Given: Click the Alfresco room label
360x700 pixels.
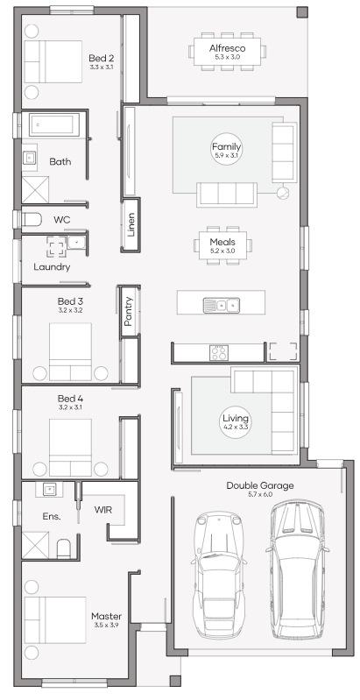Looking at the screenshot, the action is tap(227, 48).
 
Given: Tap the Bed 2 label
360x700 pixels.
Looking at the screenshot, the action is tap(102, 58).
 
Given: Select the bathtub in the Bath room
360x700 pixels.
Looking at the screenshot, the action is tap(54, 124).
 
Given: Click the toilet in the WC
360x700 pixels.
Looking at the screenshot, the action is tap(32, 220).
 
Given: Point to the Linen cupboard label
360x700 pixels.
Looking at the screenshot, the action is tap(131, 224).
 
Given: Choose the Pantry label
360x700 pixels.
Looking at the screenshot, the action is tap(129, 311).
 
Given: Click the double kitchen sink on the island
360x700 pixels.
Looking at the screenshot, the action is tap(222, 306).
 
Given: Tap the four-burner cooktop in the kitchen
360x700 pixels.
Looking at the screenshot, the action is tap(219, 353).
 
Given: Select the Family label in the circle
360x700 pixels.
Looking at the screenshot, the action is tap(226, 146).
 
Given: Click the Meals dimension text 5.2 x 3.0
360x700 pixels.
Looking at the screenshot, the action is tap(222, 251).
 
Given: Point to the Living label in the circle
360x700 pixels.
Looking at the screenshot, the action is tap(236, 418).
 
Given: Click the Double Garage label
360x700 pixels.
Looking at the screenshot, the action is tap(260, 485).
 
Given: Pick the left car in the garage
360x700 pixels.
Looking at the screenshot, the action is tap(219, 574).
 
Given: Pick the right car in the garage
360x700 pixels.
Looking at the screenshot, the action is tap(297, 569).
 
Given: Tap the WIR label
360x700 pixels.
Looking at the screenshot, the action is tap(103, 509).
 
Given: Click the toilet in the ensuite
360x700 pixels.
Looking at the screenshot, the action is tap(64, 548).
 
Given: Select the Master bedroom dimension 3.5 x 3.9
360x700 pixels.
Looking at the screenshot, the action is tap(106, 625).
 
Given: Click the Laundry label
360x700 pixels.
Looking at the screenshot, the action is tap(52, 267).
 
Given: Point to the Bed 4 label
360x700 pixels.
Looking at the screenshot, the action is tap(70, 399).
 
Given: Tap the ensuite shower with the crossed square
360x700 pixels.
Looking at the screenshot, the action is tap(35, 545).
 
